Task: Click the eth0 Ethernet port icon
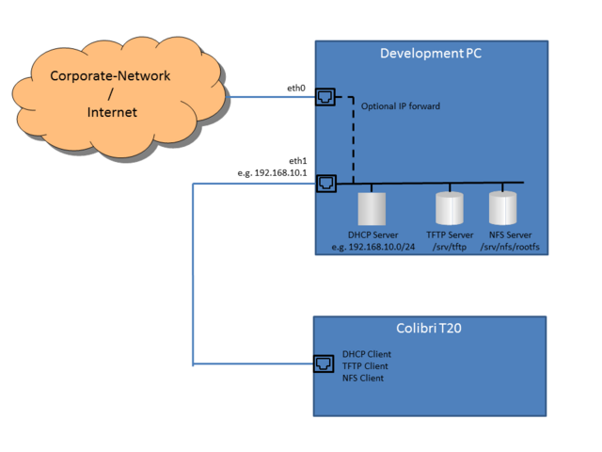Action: pos(325,96)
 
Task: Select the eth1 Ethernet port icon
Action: pos(325,183)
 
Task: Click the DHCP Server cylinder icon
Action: pos(372,207)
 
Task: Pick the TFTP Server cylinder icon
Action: pos(450,207)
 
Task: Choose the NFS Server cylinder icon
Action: pos(502,207)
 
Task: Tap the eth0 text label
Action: pos(296,88)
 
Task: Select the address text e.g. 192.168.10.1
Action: pos(273,173)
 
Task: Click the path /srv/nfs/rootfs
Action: pos(512,248)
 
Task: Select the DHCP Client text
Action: pos(367,354)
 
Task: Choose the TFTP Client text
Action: pos(366,365)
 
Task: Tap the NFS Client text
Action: pos(363,378)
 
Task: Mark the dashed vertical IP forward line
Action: pos(353,141)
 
